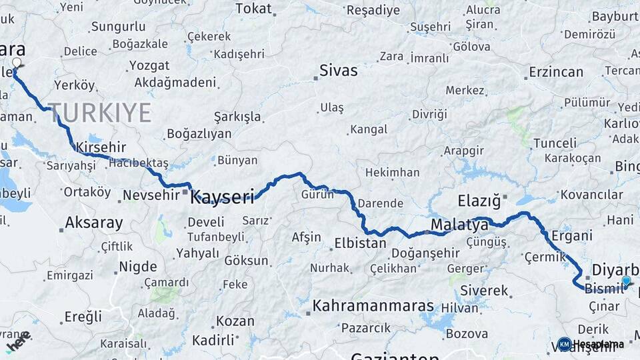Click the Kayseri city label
point(223,197)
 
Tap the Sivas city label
point(338,70)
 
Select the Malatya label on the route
point(459,225)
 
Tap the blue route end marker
point(625,281)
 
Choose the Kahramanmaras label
point(373,306)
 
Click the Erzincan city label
point(557,71)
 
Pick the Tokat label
point(254,9)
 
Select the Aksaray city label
point(94,223)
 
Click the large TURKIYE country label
point(99,113)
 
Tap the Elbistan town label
point(360,243)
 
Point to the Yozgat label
point(149,66)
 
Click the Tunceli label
point(555,143)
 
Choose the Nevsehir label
point(148,196)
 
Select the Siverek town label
point(485,291)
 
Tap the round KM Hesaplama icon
point(564,344)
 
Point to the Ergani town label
point(572,235)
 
